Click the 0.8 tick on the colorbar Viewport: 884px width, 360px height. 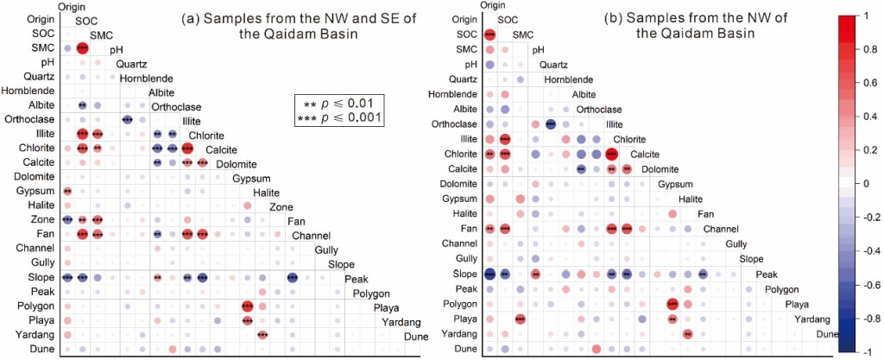(870, 50)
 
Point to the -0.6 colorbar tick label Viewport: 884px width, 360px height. (868, 284)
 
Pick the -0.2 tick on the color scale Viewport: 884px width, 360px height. (868, 218)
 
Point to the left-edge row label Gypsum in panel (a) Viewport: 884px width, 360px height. (41, 190)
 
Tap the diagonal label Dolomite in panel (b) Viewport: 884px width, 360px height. (659, 169)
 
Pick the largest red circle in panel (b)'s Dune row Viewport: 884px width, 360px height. (597, 349)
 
